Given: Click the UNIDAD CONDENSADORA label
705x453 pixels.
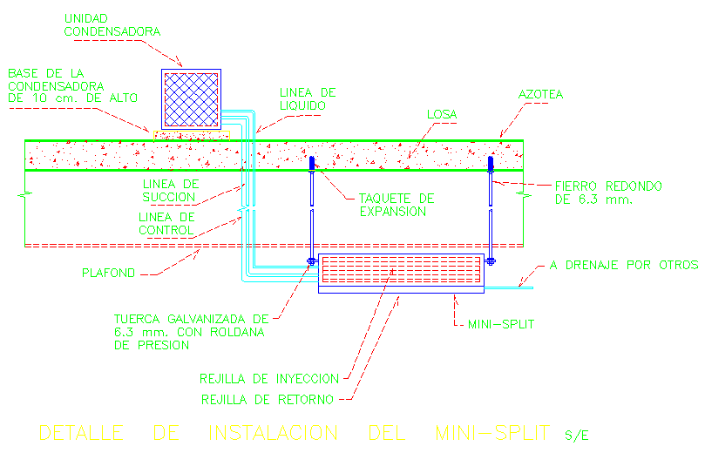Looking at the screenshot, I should pyautogui.click(x=112, y=25).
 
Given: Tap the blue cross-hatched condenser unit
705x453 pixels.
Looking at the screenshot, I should pyautogui.click(x=192, y=99).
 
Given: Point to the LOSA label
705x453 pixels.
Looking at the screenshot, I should pyautogui.click(x=442, y=114).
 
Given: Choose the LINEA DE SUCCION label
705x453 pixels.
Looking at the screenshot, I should pyautogui.click(x=171, y=190).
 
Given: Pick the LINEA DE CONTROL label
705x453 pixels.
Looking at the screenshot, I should pyautogui.click(x=169, y=223).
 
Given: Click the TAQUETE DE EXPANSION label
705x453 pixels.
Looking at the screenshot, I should pyautogui.click(x=396, y=205).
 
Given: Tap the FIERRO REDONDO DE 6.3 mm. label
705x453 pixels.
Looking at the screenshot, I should pyautogui.click(x=608, y=193).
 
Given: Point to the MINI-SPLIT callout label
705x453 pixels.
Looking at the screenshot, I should pyautogui.click(x=499, y=325).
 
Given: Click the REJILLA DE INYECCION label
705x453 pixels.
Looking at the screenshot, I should pyautogui.click(x=268, y=378).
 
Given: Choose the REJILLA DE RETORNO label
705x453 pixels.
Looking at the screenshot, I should pyautogui.click(x=266, y=400).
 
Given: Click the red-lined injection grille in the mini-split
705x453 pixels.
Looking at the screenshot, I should pyautogui.click(x=400, y=269).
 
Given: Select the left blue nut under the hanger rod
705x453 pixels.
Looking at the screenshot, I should pyautogui.click(x=311, y=260).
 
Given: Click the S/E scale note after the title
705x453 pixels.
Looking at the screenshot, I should pyautogui.click(x=576, y=435).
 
